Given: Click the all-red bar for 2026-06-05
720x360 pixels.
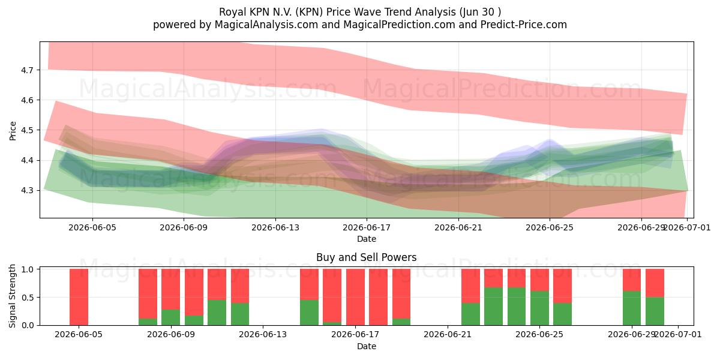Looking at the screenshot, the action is [x=79, y=297].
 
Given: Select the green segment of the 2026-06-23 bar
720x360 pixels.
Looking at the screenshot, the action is [x=493, y=307].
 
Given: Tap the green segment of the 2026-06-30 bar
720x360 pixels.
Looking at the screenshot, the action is [x=655, y=311].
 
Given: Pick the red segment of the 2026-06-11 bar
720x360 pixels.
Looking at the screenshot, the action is [x=217, y=284].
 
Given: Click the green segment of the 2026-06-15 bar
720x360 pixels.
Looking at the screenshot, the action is [x=309, y=313].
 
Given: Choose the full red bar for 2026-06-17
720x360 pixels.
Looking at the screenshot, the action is [x=355, y=297].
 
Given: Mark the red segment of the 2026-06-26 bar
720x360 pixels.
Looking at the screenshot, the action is [x=563, y=286].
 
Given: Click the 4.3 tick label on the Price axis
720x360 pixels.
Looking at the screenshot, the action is [x=27, y=191].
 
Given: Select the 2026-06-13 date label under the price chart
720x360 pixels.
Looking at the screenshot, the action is [x=275, y=228].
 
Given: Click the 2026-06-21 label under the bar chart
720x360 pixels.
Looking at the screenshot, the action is [x=448, y=335].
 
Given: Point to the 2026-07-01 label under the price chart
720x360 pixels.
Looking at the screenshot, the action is [x=686, y=228].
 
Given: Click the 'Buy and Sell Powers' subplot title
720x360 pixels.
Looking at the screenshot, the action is [x=367, y=257].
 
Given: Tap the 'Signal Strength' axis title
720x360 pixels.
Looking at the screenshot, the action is [x=12, y=296].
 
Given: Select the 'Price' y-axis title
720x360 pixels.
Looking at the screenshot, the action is [x=13, y=131].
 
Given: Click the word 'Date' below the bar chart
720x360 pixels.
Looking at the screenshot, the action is [x=367, y=346].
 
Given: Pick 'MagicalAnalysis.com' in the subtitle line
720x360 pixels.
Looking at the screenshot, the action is [x=266, y=25].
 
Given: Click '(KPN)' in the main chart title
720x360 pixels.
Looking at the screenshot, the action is [x=309, y=12].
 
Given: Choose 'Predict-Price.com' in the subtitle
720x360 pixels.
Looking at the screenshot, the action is [x=524, y=25].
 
